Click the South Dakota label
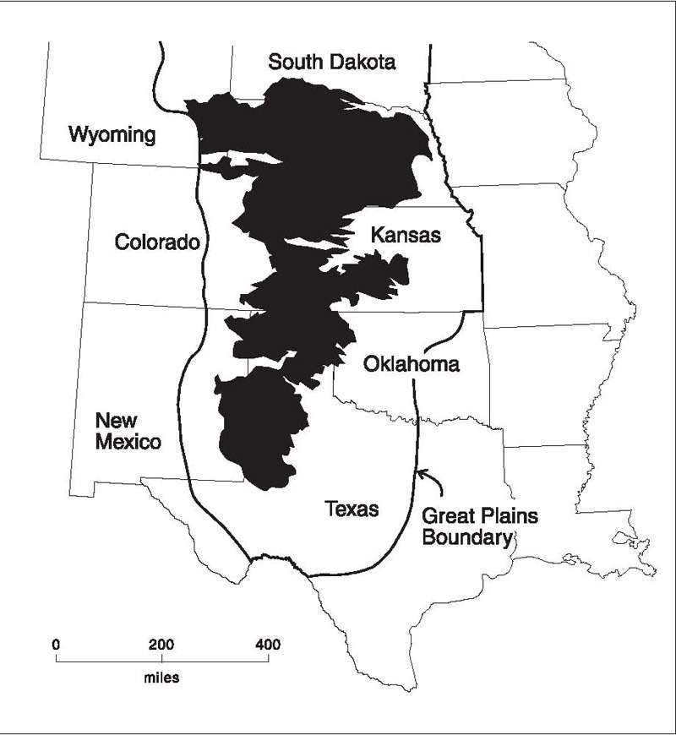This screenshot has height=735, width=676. (332, 62)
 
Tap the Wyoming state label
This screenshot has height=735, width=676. (112, 134)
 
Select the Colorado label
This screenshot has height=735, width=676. (157, 243)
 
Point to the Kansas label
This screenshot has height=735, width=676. (406, 236)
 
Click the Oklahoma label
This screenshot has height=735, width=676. (411, 365)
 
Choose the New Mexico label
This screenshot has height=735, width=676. (128, 430)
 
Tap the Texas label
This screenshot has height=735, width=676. (352, 509)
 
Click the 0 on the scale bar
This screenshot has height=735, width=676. (56, 645)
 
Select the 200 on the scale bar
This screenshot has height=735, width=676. (162, 645)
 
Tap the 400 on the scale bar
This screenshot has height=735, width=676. (269, 645)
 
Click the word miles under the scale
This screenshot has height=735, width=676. (162, 676)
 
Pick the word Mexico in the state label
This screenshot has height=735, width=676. (128, 441)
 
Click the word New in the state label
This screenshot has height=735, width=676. (112, 420)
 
